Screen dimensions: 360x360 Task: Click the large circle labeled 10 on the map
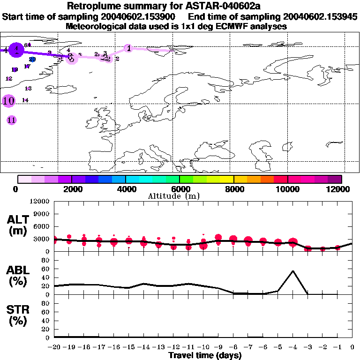point(8,100)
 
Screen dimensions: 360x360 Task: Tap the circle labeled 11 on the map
point(12,120)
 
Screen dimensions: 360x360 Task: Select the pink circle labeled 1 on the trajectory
point(129,48)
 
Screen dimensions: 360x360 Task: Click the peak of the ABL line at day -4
point(293,270)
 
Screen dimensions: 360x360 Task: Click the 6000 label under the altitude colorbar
point(180,189)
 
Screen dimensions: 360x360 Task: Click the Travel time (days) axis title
point(205,356)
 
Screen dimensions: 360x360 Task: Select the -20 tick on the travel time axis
point(55,347)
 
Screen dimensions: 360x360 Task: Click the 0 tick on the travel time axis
point(352,347)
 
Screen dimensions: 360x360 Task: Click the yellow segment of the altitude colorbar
point(227,179)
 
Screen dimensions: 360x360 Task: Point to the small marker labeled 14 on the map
point(25,100)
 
